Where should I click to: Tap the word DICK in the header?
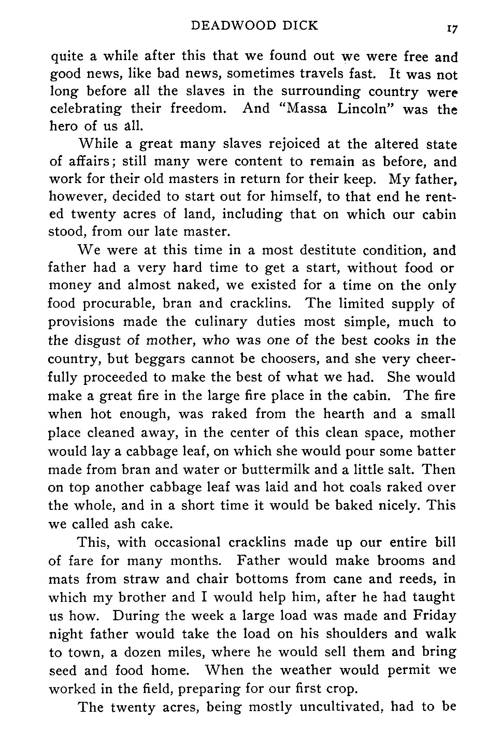pos(299,26)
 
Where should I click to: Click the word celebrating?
pos(85,110)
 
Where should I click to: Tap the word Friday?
pos(434,616)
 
